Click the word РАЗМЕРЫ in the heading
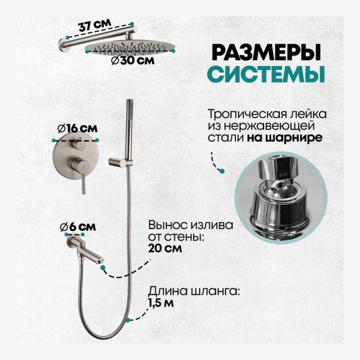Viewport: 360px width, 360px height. point(266,53)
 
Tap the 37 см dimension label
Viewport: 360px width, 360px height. point(95,24)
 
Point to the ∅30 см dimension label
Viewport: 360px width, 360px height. point(133,61)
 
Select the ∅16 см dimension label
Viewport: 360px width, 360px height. point(78,128)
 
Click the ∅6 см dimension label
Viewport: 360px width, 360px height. point(78,227)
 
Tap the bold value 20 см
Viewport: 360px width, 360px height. point(165,248)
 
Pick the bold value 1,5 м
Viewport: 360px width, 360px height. point(161,303)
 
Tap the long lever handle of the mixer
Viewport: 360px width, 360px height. point(84,183)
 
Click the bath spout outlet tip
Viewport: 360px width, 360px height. point(101,261)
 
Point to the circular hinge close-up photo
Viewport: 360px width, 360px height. point(281,197)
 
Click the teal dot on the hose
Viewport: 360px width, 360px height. point(128,320)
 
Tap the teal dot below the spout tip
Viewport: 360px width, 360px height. point(103,267)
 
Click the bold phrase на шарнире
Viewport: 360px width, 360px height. point(285,138)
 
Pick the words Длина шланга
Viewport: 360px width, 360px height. point(194,292)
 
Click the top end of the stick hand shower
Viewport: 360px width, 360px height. point(130,100)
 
